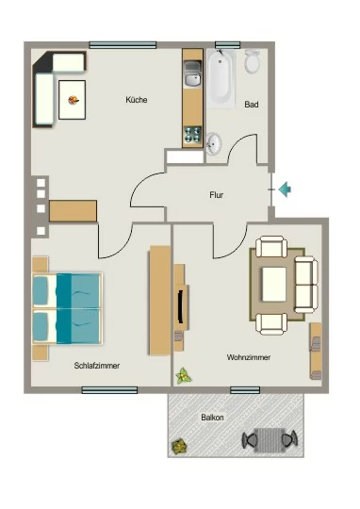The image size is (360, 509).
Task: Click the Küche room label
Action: (x=137, y=100)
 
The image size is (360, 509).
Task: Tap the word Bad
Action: (x=252, y=105)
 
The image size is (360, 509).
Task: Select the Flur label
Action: (x=216, y=195)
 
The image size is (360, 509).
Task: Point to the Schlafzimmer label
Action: (x=97, y=366)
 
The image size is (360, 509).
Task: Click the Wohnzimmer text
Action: (x=249, y=357)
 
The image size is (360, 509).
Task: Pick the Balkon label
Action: (x=212, y=418)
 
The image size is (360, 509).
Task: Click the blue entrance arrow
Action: (x=285, y=189)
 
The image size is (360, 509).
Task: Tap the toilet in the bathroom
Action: (x=253, y=61)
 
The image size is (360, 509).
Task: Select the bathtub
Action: (x=221, y=78)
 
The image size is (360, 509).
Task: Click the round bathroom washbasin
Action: (x=214, y=143)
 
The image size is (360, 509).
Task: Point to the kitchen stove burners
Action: (x=192, y=135)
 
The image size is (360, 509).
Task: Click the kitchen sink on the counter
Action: (x=192, y=74)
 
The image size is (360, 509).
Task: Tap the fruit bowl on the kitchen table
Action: (x=74, y=100)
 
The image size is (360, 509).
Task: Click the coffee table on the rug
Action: (x=274, y=285)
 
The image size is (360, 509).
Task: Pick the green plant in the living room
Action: (x=184, y=376)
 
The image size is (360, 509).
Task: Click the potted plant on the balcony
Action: (x=179, y=447)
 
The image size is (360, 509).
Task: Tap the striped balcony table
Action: (x=270, y=440)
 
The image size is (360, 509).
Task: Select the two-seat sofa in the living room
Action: (x=306, y=285)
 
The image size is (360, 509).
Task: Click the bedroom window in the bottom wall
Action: (x=109, y=390)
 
